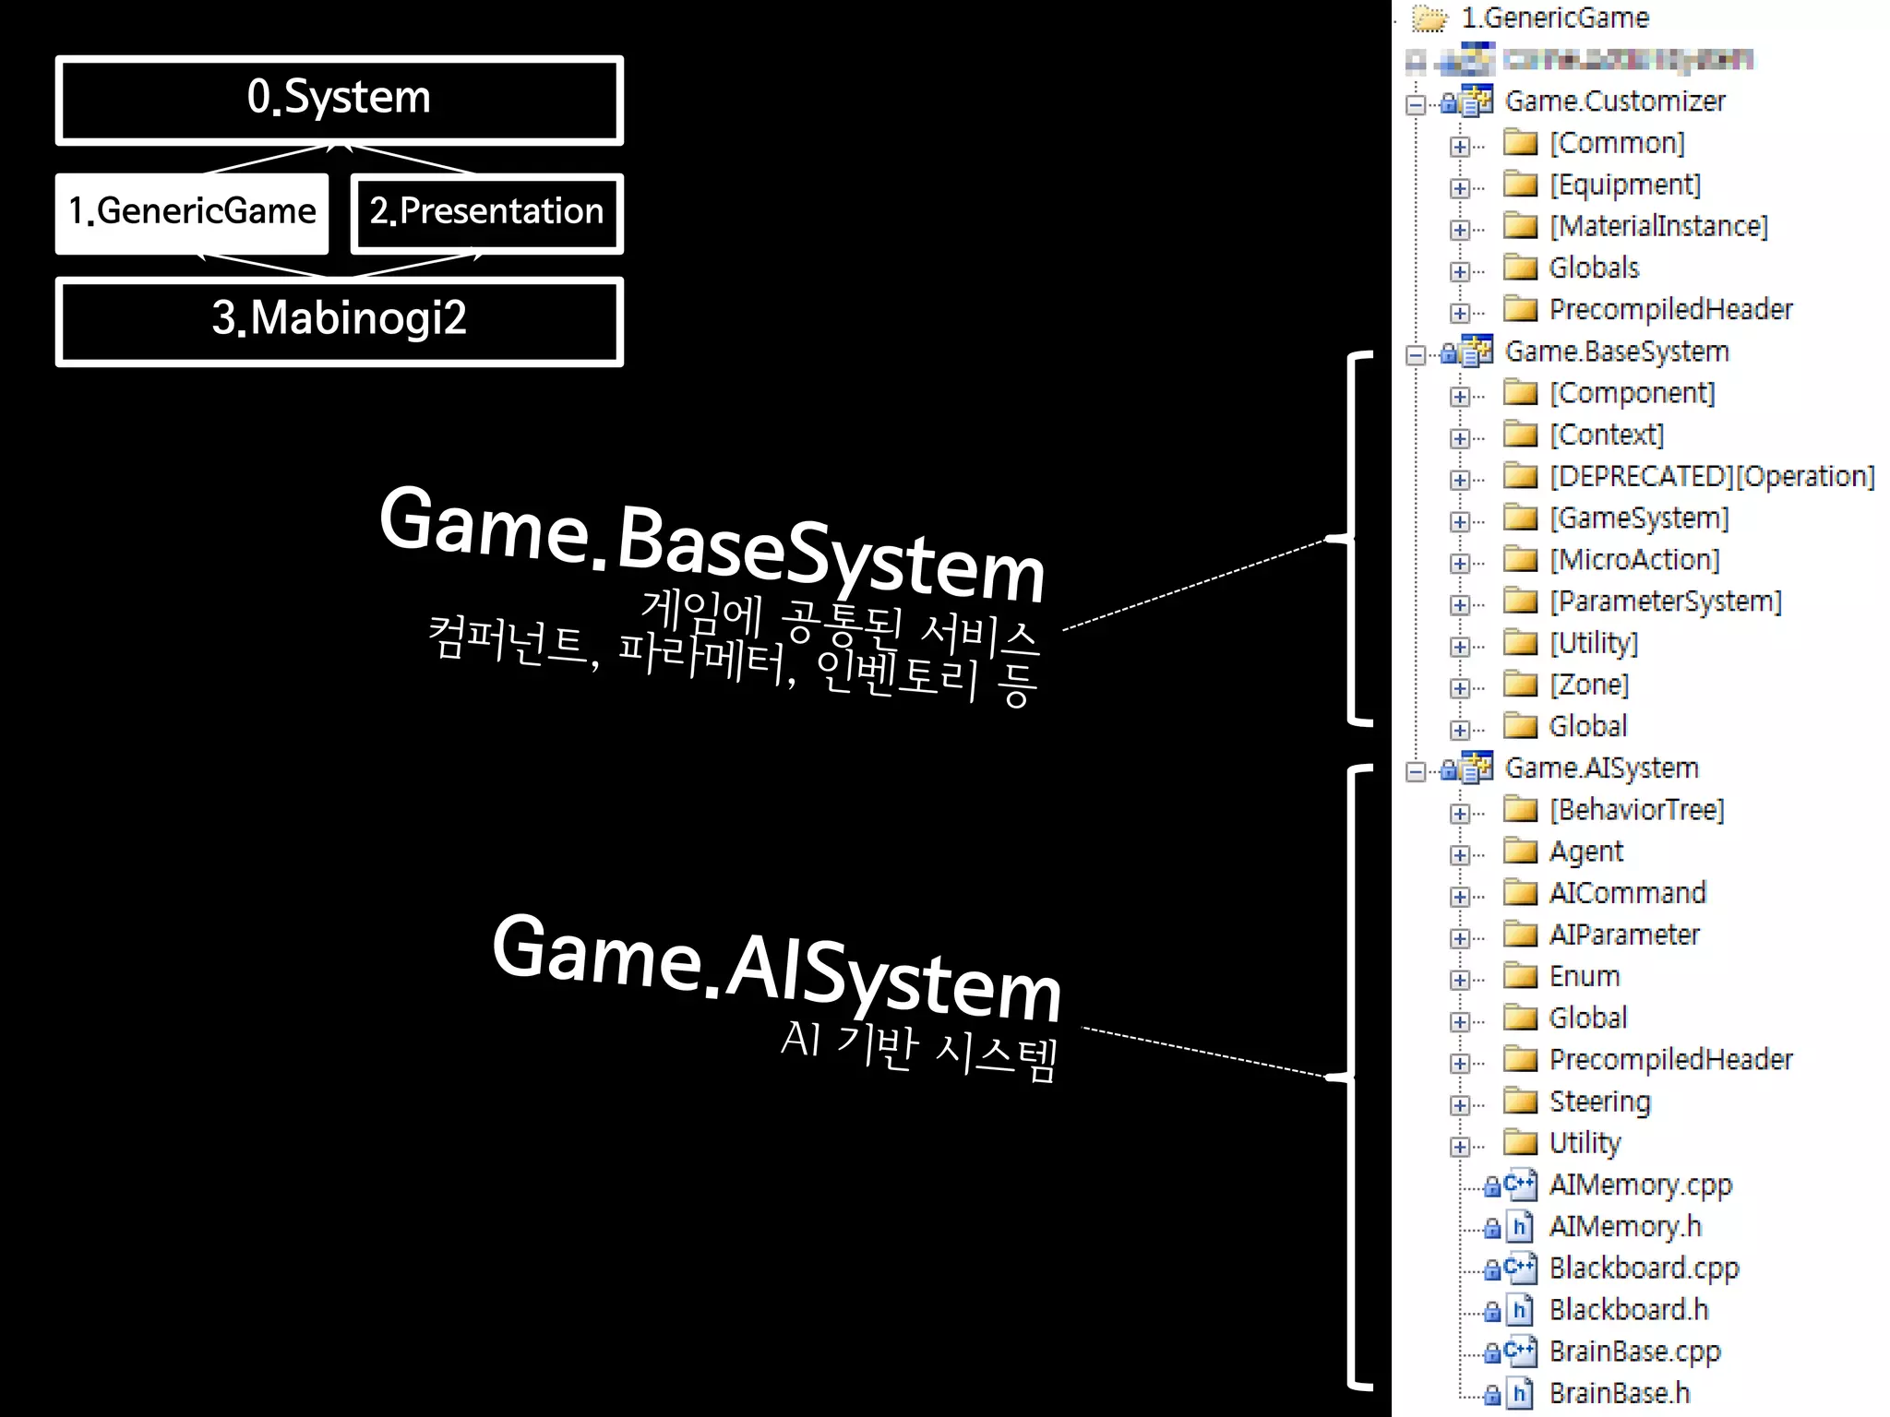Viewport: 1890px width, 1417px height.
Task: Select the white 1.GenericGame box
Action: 192,213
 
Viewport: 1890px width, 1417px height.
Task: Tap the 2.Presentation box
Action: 486,213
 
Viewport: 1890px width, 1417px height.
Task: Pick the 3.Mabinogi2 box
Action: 339,319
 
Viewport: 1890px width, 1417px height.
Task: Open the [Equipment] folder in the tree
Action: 1624,185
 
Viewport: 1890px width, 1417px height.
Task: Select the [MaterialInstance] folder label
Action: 1658,226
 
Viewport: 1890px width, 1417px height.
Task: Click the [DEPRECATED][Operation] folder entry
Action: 1712,476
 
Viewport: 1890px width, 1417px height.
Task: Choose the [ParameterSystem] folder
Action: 1665,601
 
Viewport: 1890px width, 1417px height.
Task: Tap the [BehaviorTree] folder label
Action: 1636,810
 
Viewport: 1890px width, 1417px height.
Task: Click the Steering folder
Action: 1599,1101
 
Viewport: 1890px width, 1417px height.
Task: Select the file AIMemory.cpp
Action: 1640,1185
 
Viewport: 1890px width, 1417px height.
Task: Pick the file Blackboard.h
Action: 1629,1310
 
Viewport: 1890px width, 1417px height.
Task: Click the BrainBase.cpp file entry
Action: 1634,1352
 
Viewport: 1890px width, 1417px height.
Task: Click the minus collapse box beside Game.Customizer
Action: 1416,104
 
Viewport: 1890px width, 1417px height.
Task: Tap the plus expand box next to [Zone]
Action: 1459,688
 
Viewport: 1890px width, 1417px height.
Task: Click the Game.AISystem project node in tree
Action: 1601,768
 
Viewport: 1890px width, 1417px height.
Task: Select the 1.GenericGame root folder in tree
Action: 1555,18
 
